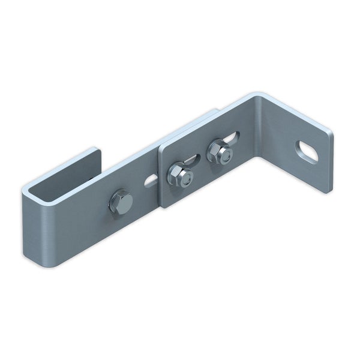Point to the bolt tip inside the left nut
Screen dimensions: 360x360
pyautogui.click(x=187, y=178)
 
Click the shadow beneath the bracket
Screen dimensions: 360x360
pyautogui.click(x=180, y=252)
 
